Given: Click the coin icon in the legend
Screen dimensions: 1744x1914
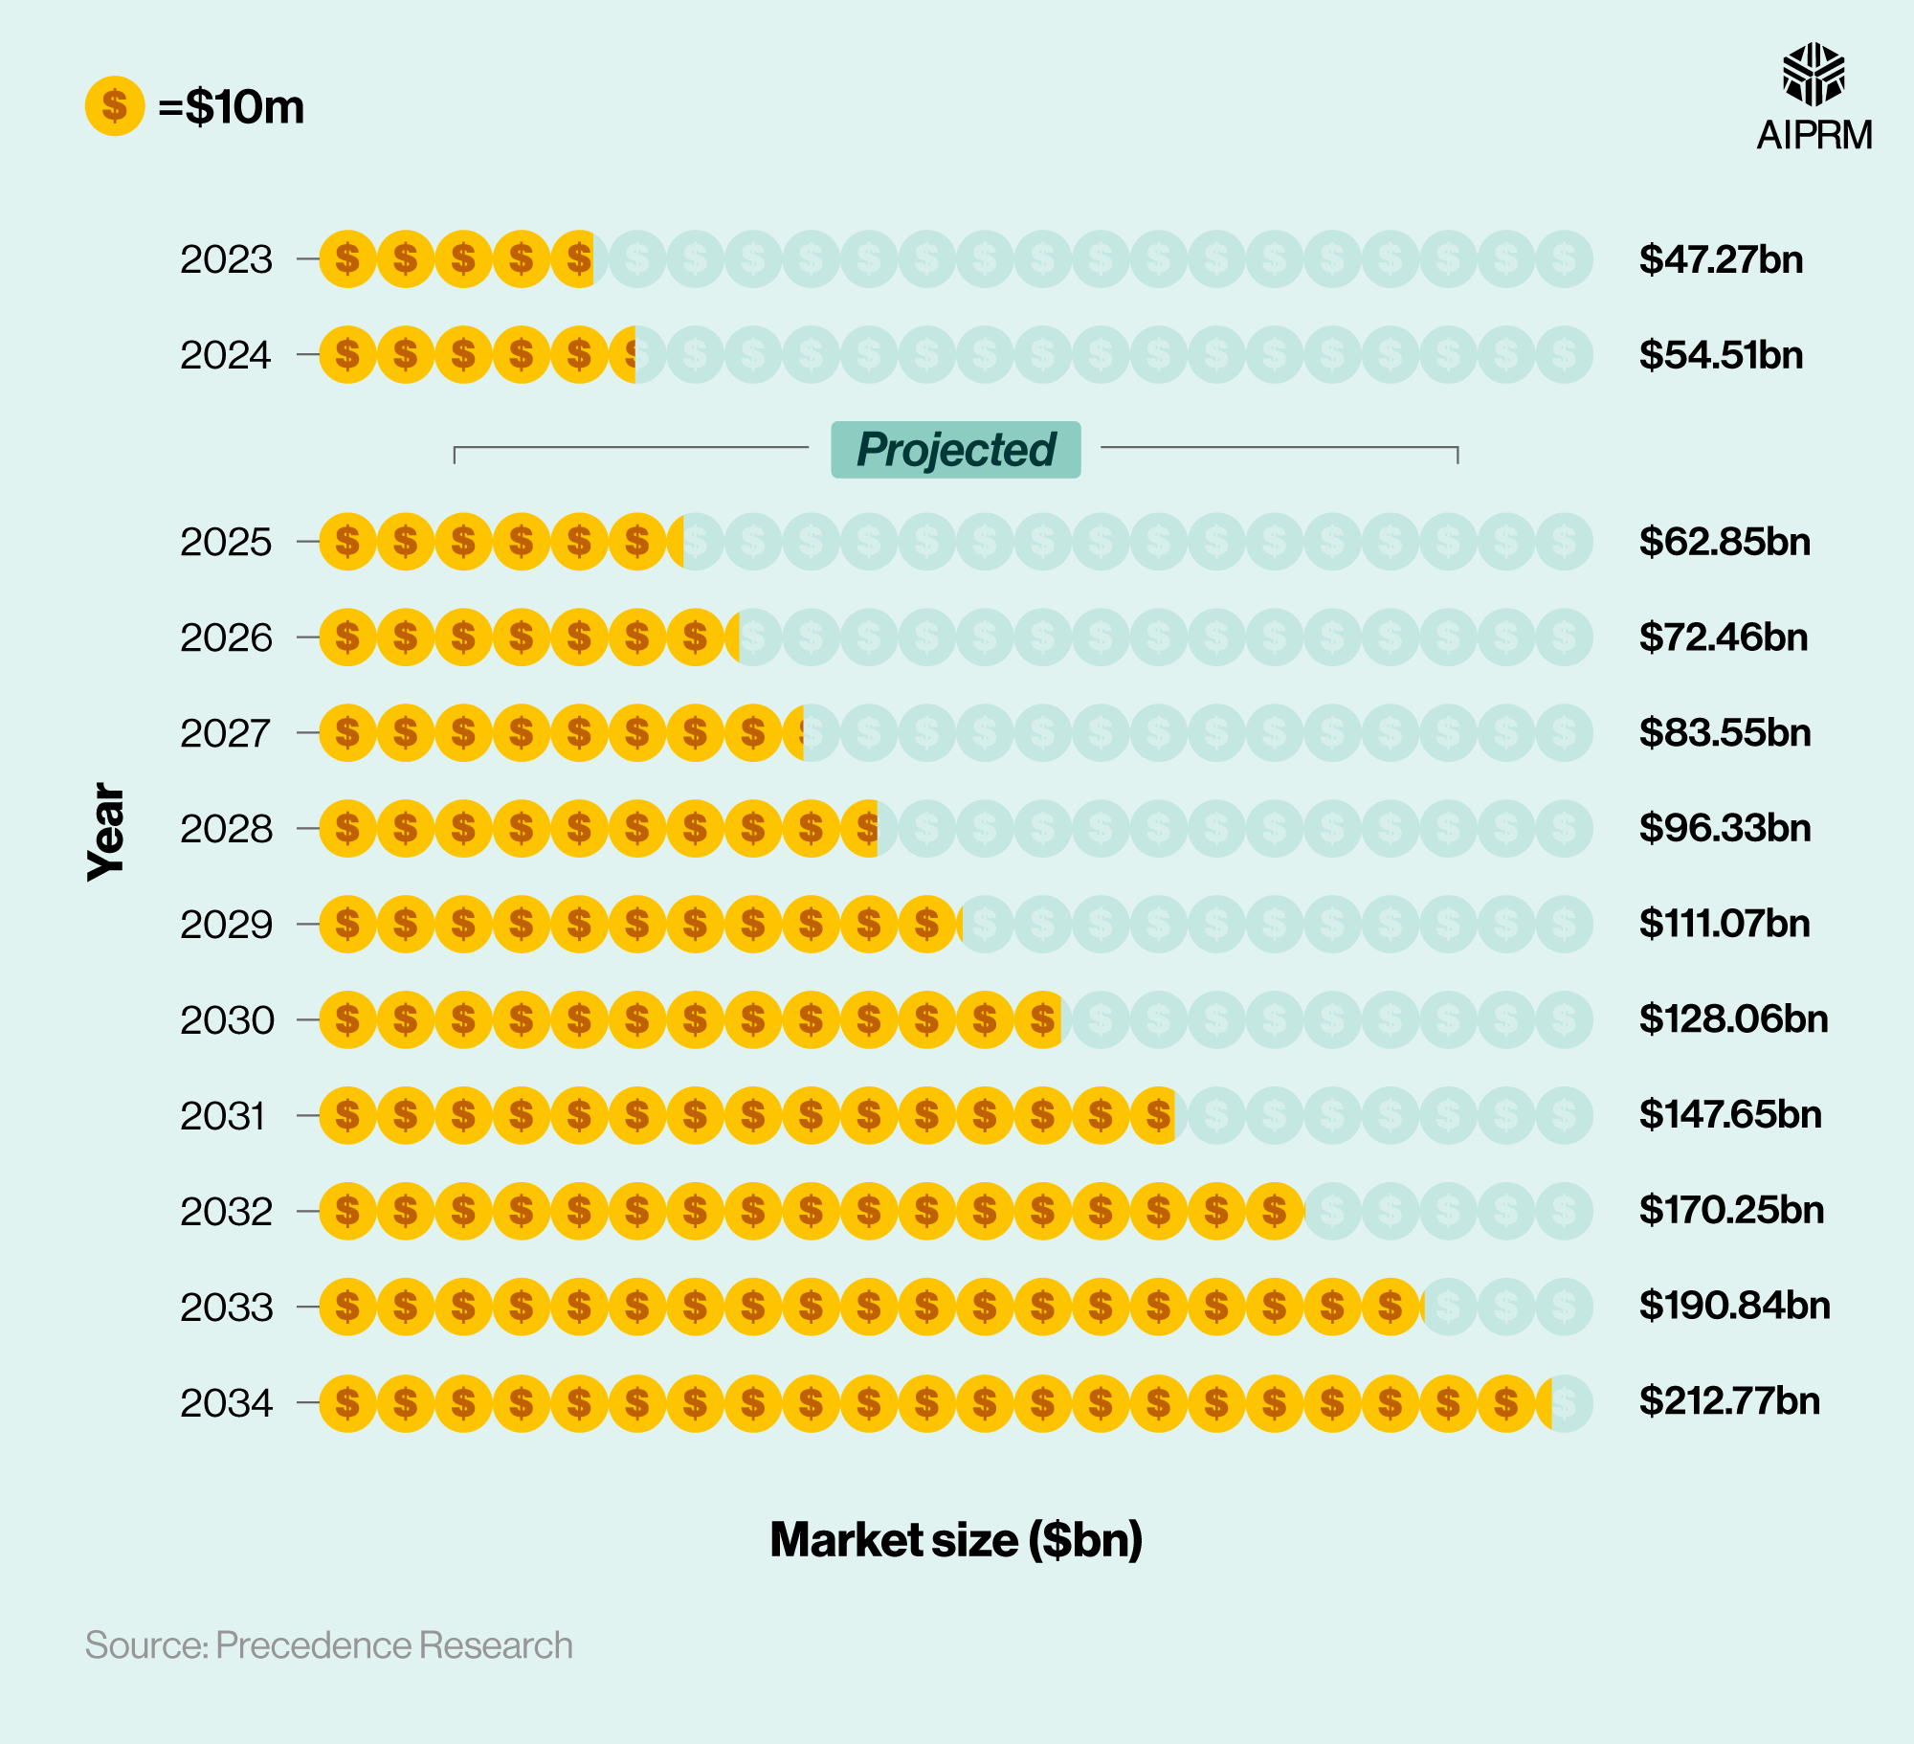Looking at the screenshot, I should [115, 106].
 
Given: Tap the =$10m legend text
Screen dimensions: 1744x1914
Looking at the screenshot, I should [232, 106].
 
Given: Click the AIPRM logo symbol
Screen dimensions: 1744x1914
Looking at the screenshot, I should [1814, 75].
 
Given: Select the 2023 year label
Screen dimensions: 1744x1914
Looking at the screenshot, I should [227, 259].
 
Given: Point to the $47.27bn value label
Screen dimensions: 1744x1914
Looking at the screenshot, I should [1721, 259].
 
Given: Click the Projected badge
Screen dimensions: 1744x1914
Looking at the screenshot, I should [955, 449].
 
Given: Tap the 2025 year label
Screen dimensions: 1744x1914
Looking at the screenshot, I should [227, 543].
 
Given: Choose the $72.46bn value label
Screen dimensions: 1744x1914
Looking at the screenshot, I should [1723, 637].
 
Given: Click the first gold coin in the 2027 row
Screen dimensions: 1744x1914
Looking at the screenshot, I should [347, 733].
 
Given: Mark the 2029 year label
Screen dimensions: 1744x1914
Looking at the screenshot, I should [227, 925].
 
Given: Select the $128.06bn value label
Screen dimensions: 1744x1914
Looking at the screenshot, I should [1733, 1019].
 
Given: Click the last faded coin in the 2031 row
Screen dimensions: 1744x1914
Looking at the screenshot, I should [1564, 1115].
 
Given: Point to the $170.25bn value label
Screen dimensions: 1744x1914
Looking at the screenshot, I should [1731, 1210].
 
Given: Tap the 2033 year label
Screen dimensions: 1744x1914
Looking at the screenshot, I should [227, 1308].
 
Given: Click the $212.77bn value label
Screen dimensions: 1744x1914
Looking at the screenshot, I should [1729, 1401].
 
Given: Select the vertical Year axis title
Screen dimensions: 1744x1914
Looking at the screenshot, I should [106, 831].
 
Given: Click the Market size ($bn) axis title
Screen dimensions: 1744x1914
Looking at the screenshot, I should [956, 1540].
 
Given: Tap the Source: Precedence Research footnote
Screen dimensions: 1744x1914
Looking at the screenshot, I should [328, 1645].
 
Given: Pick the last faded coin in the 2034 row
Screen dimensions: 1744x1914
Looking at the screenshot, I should [1569, 1403].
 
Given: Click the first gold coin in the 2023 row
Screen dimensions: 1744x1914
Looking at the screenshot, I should [347, 259].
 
